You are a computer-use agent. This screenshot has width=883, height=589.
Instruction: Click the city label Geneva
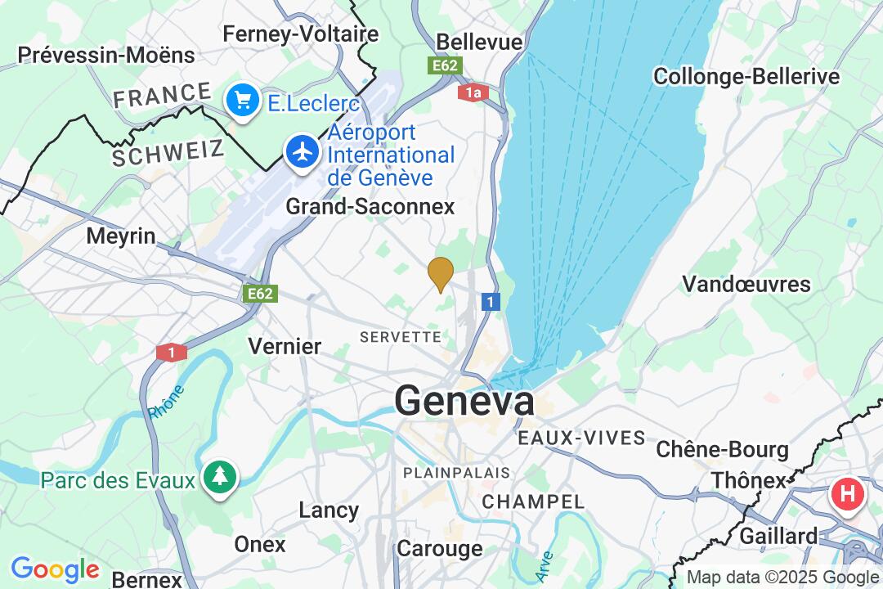pyautogui.click(x=464, y=401)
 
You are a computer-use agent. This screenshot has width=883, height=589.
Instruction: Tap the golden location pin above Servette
pyautogui.click(x=441, y=273)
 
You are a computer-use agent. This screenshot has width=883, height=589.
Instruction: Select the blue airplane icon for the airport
pyautogui.click(x=303, y=151)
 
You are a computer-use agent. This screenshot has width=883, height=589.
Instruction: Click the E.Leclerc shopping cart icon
pyautogui.click(x=242, y=101)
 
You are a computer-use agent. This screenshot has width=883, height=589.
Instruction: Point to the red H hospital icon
pyautogui.click(x=847, y=494)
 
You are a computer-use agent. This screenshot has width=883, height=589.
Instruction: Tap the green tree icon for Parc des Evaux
pyautogui.click(x=220, y=476)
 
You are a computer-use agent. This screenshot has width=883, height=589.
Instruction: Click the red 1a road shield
pyautogui.click(x=473, y=92)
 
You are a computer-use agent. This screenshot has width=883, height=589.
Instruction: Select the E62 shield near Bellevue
pyautogui.click(x=446, y=65)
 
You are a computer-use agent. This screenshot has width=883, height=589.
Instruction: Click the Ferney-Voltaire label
pyautogui.click(x=301, y=34)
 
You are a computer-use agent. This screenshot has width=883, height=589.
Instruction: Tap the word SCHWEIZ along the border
pyautogui.click(x=168, y=152)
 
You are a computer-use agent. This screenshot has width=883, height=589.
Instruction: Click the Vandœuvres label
pyautogui.click(x=746, y=285)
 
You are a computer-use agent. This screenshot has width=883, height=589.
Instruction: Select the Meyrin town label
pyautogui.click(x=121, y=236)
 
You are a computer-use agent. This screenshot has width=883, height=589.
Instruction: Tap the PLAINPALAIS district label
pyautogui.click(x=456, y=473)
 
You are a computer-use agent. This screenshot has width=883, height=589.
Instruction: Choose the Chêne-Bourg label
pyautogui.click(x=723, y=450)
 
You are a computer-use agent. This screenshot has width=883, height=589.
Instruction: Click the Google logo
pyautogui.click(x=55, y=569)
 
